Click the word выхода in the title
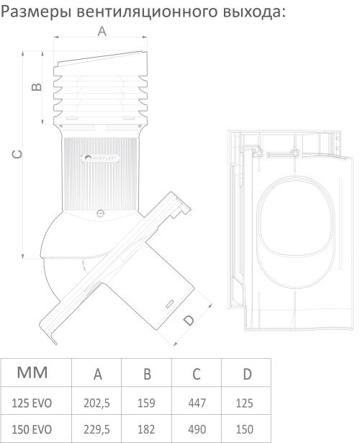(x=251, y=12)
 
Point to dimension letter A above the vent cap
(x=102, y=31)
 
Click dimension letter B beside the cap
(x=37, y=86)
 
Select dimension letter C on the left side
(x=17, y=154)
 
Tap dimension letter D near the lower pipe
(x=189, y=320)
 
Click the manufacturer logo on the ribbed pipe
(x=100, y=158)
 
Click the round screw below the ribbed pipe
(x=100, y=213)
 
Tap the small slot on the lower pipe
(x=169, y=304)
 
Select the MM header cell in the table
(x=32, y=372)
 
